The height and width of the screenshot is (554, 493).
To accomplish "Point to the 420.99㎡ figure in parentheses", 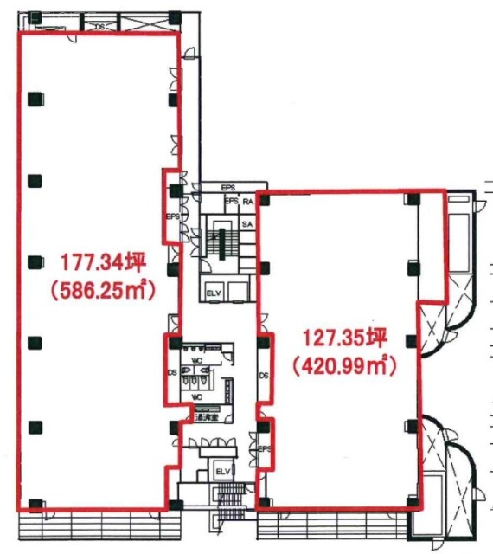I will coord(344,367).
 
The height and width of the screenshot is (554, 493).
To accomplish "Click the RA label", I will coord(246,202).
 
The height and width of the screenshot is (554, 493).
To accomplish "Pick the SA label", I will coord(246,224).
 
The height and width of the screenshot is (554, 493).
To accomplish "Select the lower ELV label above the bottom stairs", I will coord(222,471).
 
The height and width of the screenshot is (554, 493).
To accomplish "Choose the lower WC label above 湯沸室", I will coord(196,397).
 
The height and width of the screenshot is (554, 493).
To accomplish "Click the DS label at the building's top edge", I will coord(100,26).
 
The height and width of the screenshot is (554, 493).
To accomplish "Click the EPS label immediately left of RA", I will coord(230,202).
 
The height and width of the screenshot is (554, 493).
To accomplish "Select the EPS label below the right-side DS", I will coord(264,448).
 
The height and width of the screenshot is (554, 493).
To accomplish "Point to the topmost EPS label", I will coord(228,188).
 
